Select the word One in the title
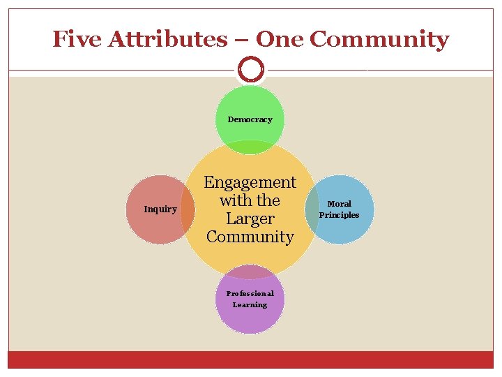click(x=280, y=39)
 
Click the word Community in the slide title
click(x=379, y=39)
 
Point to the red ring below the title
click(x=250, y=70)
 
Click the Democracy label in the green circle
click(x=250, y=119)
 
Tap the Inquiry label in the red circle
click(x=160, y=209)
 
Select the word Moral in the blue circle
click(x=340, y=204)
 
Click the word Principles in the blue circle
click(x=340, y=215)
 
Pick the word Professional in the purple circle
click(x=250, y=293)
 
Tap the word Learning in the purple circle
click(x=250, y=304)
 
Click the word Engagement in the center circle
click(x=250, y=182)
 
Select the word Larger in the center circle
click(x=250, y=219)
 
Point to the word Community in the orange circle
click(x=250, y=237)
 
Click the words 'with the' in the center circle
click(x=250, y=200)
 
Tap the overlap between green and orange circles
click(x=250, y=147)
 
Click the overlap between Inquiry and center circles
click(x=188, y=209)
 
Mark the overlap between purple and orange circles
click(x=250, y=272)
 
